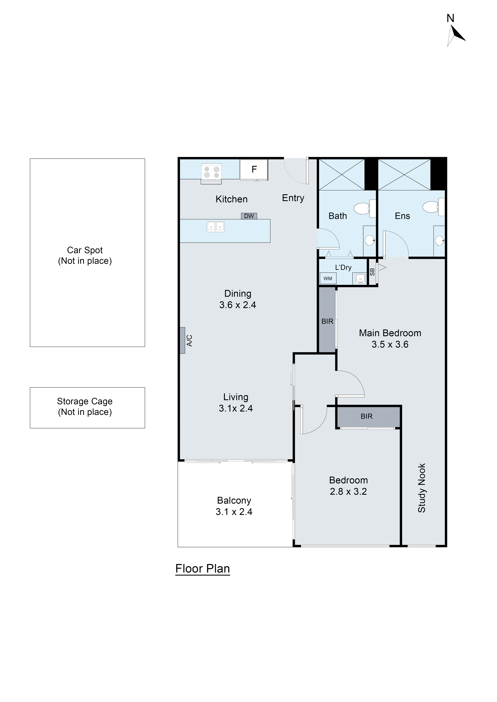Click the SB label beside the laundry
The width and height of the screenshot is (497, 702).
tap(372, 272)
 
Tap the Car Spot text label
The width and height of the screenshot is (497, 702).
tap(85, 250)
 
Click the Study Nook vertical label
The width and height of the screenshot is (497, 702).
tap(422, 488)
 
